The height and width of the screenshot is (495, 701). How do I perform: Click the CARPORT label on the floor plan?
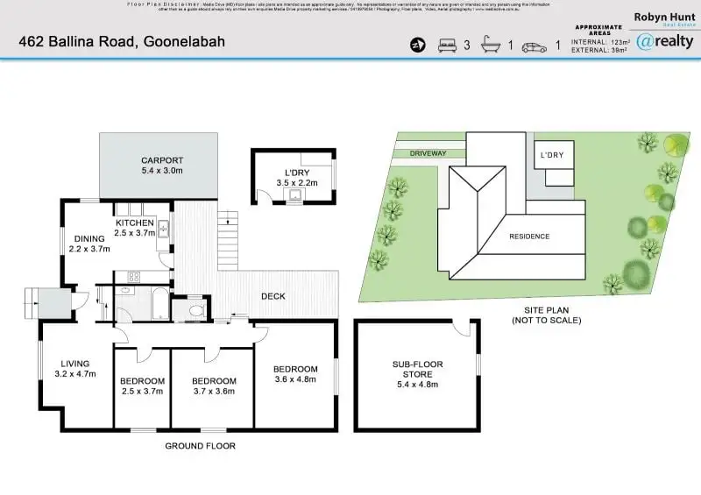coord(162,160)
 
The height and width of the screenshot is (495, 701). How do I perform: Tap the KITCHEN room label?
coord(135,223)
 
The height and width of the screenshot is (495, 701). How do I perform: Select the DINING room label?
coord(89,238)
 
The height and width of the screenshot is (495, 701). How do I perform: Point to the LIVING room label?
coord(75,364)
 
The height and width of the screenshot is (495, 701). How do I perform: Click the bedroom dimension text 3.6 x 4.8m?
coord(294,379)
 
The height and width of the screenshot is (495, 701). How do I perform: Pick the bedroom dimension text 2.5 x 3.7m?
coord(142,392)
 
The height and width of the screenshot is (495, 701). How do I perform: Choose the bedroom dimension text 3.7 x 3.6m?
coord(215,392)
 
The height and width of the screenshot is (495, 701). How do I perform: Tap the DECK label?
coord(273,296)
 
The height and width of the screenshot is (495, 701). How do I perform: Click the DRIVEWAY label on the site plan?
coord(428,153)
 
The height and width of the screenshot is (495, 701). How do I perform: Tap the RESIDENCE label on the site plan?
coord(529,237)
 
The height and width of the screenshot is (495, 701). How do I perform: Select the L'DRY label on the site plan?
coord(551,155)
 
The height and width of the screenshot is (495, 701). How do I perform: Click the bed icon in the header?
coord(447,45)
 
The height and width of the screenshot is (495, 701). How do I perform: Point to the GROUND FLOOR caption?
coord(200,446)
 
